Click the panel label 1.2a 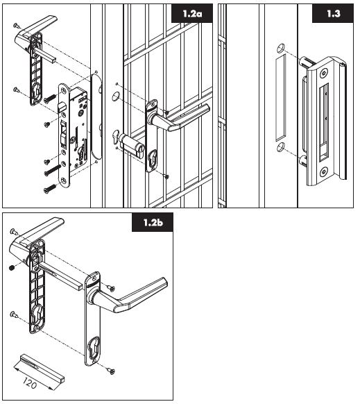pos(192,13)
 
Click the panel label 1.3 pos(334,13)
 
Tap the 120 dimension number pos(29,383)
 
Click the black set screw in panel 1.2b pos(12,268)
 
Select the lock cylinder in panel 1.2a pos(129,145)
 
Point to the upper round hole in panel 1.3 pos(281,48)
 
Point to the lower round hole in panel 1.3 pos(281,147)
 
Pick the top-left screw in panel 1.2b pos(14,231)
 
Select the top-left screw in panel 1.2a pos(17,25)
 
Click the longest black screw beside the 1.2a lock pos(53,170)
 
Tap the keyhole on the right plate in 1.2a pos(152,156)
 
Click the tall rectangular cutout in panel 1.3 pos(281,98)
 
